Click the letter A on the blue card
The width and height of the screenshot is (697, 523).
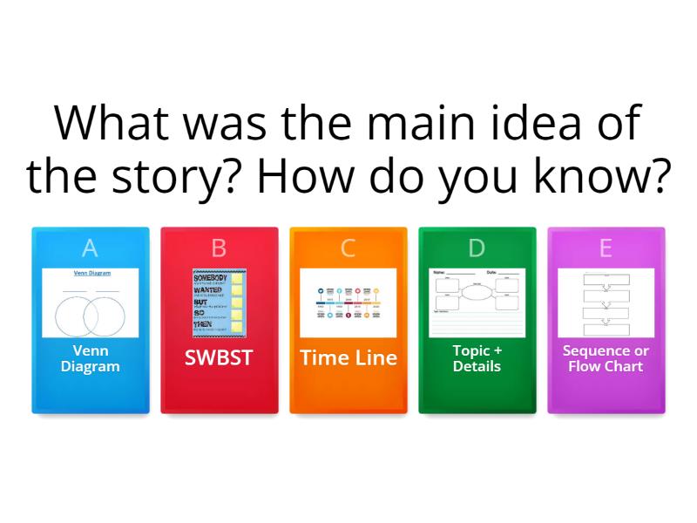point(90,248)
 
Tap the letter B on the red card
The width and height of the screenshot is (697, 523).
point(219,248)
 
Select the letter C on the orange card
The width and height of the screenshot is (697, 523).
point(348,248)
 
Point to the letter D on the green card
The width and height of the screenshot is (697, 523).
point(477,248)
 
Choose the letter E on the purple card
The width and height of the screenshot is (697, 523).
point(606,248)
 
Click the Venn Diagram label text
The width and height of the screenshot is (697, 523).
point(91,358)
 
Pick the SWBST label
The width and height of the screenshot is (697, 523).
point(219,357)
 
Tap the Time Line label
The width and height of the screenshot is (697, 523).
point(348,357)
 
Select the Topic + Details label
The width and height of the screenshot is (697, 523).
point(477,358)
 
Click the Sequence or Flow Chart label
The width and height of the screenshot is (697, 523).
point(606,358)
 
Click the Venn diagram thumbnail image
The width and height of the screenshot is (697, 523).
point(91,303)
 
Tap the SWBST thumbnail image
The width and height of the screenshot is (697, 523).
point(219,303)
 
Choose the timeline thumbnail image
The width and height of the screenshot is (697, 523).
point(348,303)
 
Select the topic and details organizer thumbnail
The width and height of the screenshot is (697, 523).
point(477,303)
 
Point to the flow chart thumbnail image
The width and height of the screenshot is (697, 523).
point(606,303)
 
